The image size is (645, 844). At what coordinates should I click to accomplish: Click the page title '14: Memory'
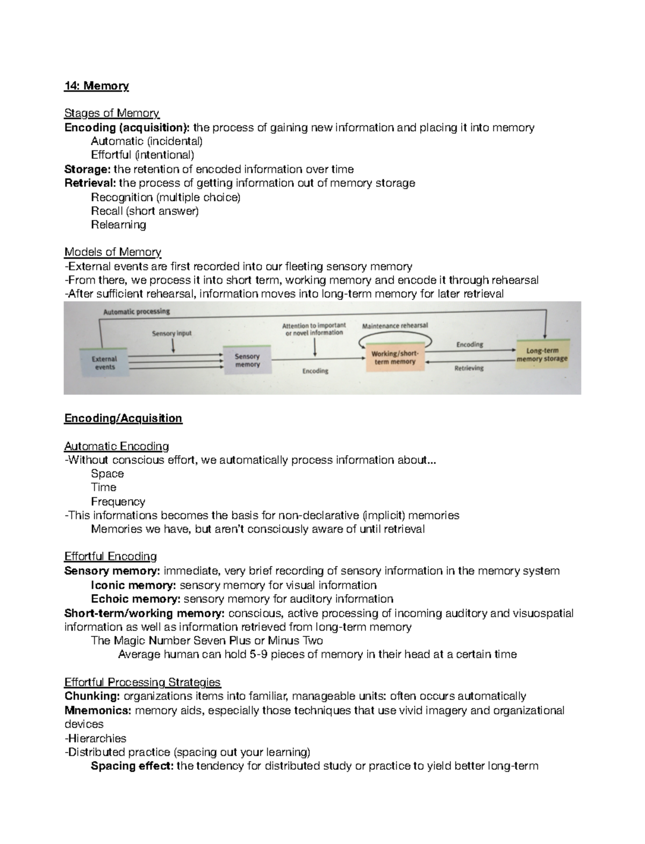pyautogui.click(x=96, y=86)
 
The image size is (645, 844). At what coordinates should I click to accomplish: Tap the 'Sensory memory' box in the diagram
pyautogui.click(x=247, y=361)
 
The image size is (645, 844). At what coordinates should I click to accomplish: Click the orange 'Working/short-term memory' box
pyautogui.click(x=395, y=358)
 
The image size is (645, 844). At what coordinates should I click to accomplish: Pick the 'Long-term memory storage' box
pyautogui.click(x=542, y=355)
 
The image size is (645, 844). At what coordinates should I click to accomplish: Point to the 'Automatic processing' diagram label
pyautogui.click(x=137, y=311)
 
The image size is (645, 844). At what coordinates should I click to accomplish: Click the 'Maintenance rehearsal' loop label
pyautogui.click(x=395, y=326)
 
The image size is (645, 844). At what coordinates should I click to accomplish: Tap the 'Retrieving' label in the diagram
pyautogui.click(x=469, y=368)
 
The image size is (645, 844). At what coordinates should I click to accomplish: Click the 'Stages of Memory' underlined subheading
pyautogui.click(x=112, y=113)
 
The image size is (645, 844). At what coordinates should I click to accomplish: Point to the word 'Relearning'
pyautogui.click(x=118, y=225)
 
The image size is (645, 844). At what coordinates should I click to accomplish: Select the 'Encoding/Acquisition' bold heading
pyautogui.click(x=123, y=418)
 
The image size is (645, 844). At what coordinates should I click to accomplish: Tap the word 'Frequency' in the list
pyautogui.click(x=118, y=502)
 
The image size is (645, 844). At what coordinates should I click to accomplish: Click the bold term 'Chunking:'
pyautogui.click(x=92, y=696)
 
